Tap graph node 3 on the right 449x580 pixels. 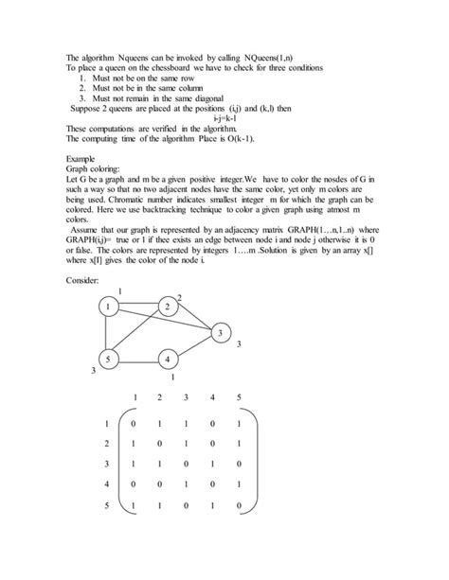coord(219,332)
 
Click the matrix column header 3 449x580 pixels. coord(186,396)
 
